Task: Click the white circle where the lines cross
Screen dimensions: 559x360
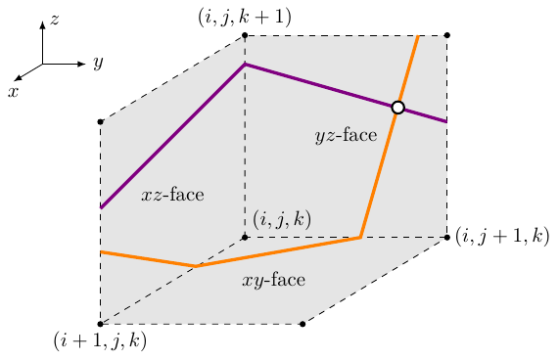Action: pyautogui.click(x=397, y=108)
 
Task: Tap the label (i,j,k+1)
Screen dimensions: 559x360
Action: pyautogui.click(x=245, y=16)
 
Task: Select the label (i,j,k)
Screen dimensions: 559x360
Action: pyautogui.click(x=282, y=220)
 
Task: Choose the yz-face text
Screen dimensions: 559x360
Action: pyautogui.click(x=346, y=136)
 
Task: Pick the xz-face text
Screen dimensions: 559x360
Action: pyautogui.click(x=172, y=195)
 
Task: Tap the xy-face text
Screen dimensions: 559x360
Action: pyautogui.click(x=273, y=281)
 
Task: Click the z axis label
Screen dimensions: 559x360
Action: pyautogui.click(x=55, y=18)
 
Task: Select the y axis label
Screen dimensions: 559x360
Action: pyautogui.click(x=97, y=64)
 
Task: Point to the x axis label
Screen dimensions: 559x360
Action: pyautogui.click(x=14, y=90)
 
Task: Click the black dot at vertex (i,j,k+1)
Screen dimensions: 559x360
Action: pyautogui.click(x=245, y=35)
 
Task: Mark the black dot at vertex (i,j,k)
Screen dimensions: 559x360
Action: pyautogui.click(x=245, y=237)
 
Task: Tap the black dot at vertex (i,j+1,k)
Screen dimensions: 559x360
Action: pyautogui.click(x=447, y=237)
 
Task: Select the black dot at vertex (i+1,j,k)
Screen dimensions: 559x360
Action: pyautogui.click(x=101, y=324)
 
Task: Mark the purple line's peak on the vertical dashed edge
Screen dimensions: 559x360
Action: pyautogui.click(x=245, y=65)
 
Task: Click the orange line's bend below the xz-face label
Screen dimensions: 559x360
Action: pyautogui.click(x=197, y=266)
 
